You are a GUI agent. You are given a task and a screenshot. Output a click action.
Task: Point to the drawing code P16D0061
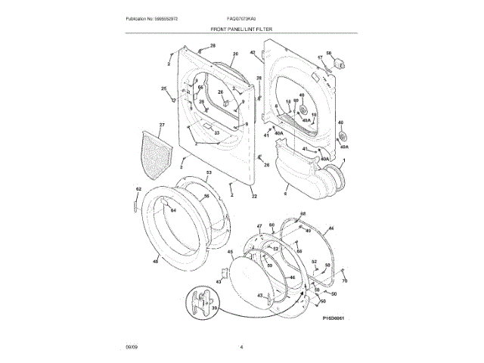tap(333, 318)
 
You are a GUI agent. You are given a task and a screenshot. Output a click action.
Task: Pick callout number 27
tap(161, 124)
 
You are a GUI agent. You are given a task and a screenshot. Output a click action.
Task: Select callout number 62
tap(138, 188)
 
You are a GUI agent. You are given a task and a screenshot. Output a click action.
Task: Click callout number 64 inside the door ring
tap(172, 209)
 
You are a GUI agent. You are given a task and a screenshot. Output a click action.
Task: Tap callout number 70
tap(345, 281)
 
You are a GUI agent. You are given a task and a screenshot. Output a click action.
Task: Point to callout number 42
tap(253, 52)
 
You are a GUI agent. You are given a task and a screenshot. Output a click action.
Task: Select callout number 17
tap(319, 57)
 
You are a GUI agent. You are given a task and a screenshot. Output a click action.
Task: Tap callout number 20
tap(235, 54)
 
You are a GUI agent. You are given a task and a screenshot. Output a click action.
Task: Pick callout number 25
tap(163, 89)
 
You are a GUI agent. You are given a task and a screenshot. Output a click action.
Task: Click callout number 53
tap(209, 174)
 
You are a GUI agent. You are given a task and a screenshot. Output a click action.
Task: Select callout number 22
tap(254, 197)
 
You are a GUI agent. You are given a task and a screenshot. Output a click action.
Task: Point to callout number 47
tap(259, 225)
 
